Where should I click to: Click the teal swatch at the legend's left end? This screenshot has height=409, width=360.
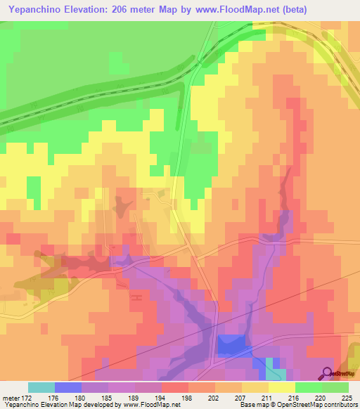41,387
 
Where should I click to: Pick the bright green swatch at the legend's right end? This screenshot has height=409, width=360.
335,387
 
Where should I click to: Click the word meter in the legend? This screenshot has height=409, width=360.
9,398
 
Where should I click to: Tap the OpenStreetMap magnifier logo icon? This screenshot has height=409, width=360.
328,373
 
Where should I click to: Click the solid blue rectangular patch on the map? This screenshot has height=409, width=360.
231,345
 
